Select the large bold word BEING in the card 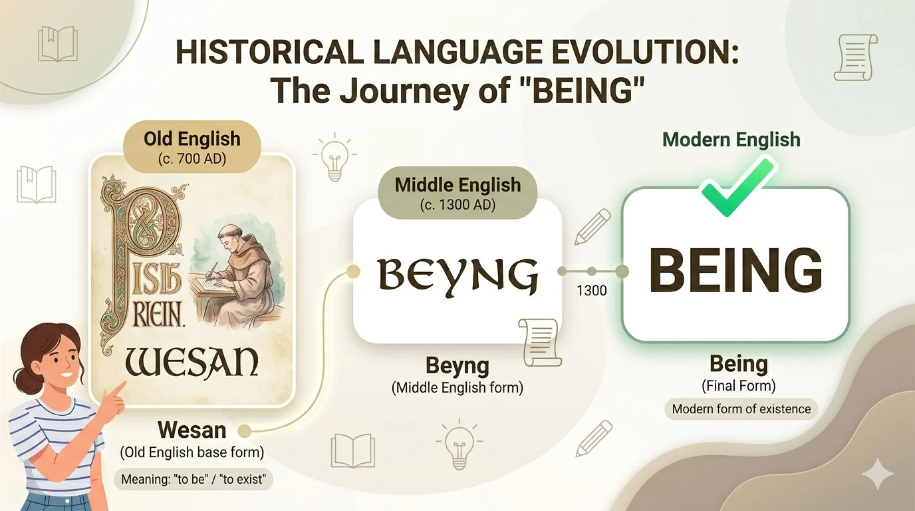735,271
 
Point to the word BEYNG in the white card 457,275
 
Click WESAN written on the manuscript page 192,363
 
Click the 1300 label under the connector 592,290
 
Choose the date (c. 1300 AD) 457,205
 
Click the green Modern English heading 731,140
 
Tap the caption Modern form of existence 741,409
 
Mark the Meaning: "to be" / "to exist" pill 194,479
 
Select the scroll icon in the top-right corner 856,58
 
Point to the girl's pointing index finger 121,387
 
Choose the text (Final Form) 738,385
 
